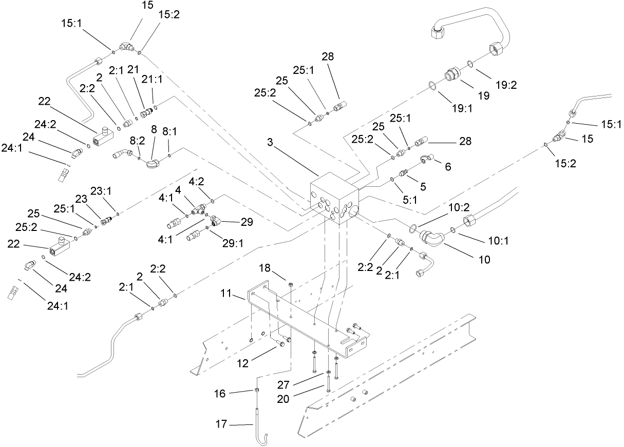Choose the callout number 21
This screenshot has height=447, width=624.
click(134, 69)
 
